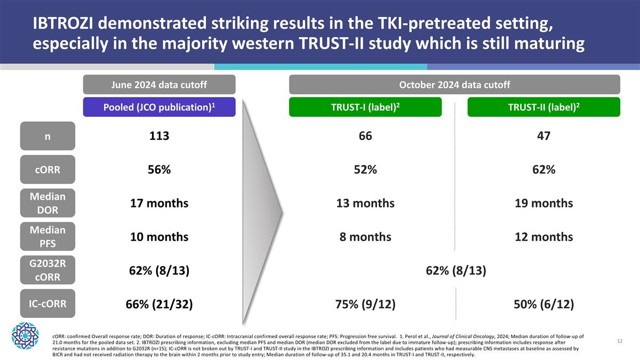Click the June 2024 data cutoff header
pyautogui.click(x=159, y=85)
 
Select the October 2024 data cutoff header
pyautogui.click(x=454, y=85)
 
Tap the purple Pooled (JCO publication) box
pyautogui.click(x=159, y=107)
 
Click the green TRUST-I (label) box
pyautogui.click(x=365, y=107)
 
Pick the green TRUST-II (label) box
pyautogui.click(x=543, y=107)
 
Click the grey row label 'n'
pyautogui.click(x=47, y=136)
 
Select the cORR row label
pyautogui.click(x=47, y=170)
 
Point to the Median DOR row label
pyautogui.click(x=47, y=203)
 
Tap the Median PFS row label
pyautogui.click(x=47, y=237)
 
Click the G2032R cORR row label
pyautogui.click(x=47, y=270)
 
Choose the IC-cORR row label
pyautogui.click(x=47, y=303)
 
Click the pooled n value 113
pyautogui.click(x=159, y=137)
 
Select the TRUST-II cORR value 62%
pyautogui.click(x=543, y=170)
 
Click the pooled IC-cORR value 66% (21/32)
pyautogui.click(x=159, y=305)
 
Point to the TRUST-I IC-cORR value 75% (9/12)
pyautogui.click(x=365, y=305)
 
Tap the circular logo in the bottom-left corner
pyautogui.click(x=26, y=335)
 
